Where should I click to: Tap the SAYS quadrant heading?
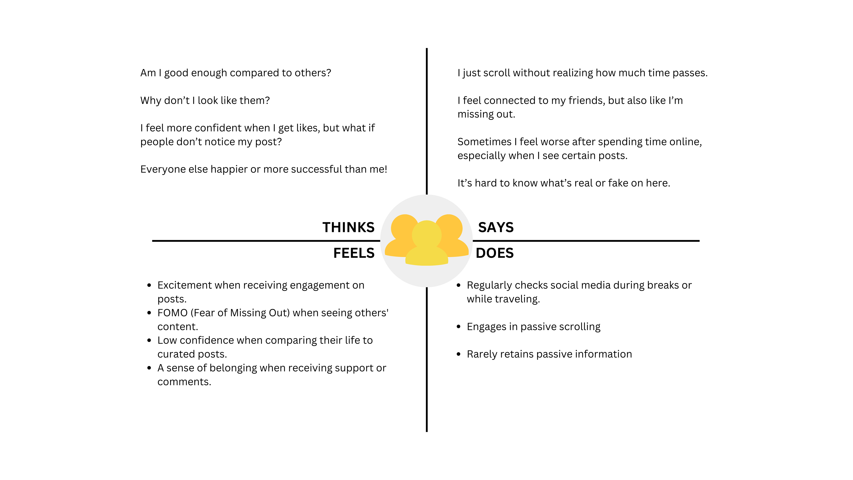[496, 227]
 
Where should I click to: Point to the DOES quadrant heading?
[494, 253]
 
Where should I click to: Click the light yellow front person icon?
[426, 245]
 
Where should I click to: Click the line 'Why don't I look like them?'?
[205, 100]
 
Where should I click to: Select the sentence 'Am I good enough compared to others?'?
[235, 73]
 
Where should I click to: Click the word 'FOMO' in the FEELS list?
[172, 313]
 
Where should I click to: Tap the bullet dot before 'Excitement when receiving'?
[149, 285]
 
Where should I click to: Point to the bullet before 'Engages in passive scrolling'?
[459, 327]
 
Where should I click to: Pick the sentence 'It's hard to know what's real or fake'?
[564, 183]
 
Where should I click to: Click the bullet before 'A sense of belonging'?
[149, 368]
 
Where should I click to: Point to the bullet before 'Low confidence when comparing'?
[149, 340]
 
